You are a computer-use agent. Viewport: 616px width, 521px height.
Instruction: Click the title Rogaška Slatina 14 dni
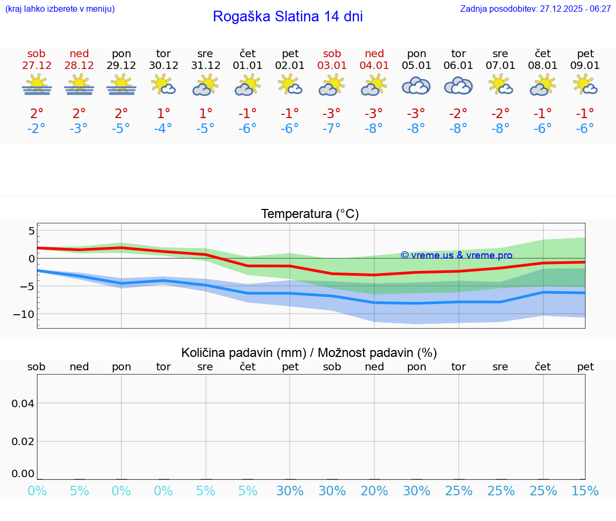[288, 17]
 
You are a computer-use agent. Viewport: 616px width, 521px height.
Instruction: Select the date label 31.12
[206, 66]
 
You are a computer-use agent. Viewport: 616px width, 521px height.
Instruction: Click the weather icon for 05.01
[416, 85]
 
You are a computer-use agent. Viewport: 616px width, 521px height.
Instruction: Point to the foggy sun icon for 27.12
[36, 85]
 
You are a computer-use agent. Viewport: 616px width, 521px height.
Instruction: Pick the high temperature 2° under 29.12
[121, 113]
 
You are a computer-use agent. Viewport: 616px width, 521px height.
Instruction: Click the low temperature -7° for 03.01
[332, 129]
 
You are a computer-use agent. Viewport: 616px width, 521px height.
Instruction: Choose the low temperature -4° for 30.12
[164, 129]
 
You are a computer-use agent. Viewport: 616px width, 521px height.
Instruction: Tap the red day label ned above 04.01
[374, 54]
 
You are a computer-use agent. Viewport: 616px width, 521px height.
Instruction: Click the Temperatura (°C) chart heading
[310, 214]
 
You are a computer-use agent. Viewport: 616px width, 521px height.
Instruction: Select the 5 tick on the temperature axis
[32, 231]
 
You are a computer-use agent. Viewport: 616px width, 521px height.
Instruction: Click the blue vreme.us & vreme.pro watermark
[456, 255]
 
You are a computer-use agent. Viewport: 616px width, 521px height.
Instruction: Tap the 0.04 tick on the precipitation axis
[23, 403]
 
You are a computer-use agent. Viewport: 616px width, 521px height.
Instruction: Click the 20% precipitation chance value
[374, 491]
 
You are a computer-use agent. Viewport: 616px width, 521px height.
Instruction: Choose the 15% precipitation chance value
[585, 491]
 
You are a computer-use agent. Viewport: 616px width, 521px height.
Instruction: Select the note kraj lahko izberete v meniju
[60, 9]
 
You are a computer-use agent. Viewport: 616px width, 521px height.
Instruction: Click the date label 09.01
[585, 66]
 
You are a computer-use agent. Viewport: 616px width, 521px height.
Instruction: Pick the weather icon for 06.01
[458, 85]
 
